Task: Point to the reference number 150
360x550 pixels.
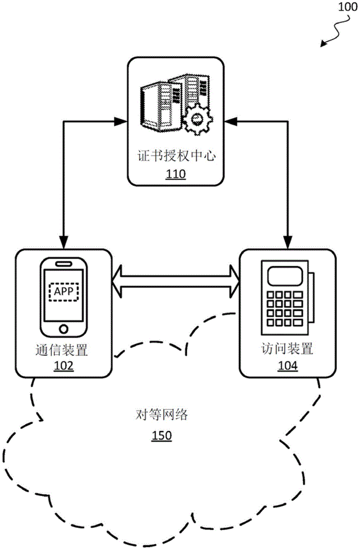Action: click(x=162, y=436)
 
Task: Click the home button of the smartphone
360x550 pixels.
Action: click(x=64, y=329)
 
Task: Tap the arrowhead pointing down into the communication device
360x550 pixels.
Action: click(x=64, y=242)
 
